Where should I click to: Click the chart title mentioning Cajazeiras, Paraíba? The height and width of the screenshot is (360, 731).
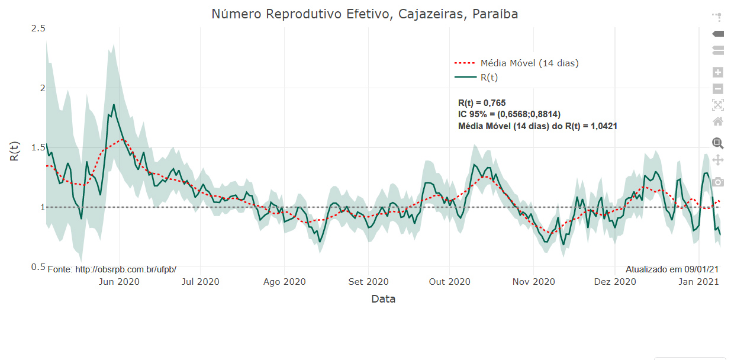pyautogui.click(x=365, y=14)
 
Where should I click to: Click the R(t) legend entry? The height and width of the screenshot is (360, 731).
pyautogui.click(x=489, y=78)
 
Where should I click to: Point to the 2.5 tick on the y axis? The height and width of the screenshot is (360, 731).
pyautogui.click(x=37, y=28)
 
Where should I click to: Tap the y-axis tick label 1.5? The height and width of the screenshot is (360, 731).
pyautogui.click(x=37, y=147)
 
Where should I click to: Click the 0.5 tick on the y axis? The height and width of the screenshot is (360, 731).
pyautogui.click(x=37, y=267)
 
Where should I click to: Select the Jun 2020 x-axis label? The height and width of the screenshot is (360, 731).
pyautogui.click(x=119, y=282)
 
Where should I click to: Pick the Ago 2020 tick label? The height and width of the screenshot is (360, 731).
pyautogui.click(x=284, y=282)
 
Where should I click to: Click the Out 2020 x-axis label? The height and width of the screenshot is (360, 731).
pyautogui.click(x=449, y=282)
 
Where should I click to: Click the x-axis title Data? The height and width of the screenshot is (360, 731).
pyautogui.click(x=383, y=299)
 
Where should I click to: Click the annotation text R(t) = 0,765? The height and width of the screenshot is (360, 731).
pyautogui.click(x=482, y=103)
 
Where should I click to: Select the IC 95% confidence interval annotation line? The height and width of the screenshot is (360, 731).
pyautogui.click(x=509, y=114)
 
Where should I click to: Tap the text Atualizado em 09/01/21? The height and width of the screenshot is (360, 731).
pyautogui.click(x=672, y=269)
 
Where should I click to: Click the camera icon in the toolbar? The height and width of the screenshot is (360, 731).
pyautogui.click(x=718, y=182)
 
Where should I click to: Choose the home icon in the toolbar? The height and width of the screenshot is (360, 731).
pyautogui.click(x=718, y=121)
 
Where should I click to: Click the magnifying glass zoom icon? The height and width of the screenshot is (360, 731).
pyautogui.click(x=718, y=143)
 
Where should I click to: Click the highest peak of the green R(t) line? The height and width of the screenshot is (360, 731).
pyautogui.click(x=113, y=105)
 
